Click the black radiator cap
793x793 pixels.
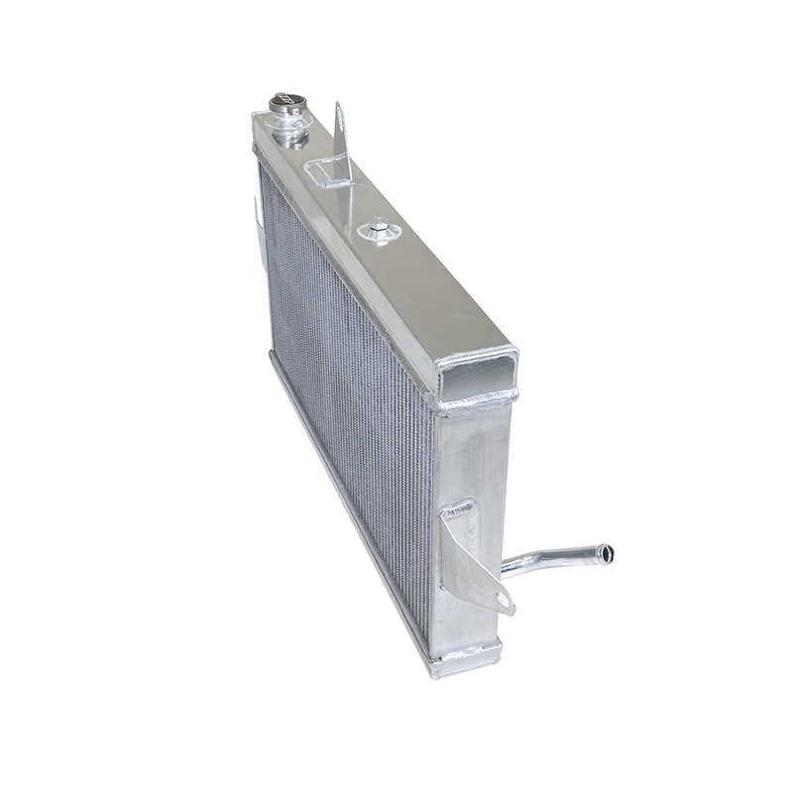tap(284, 102)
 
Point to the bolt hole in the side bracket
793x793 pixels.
tap(503, 598)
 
